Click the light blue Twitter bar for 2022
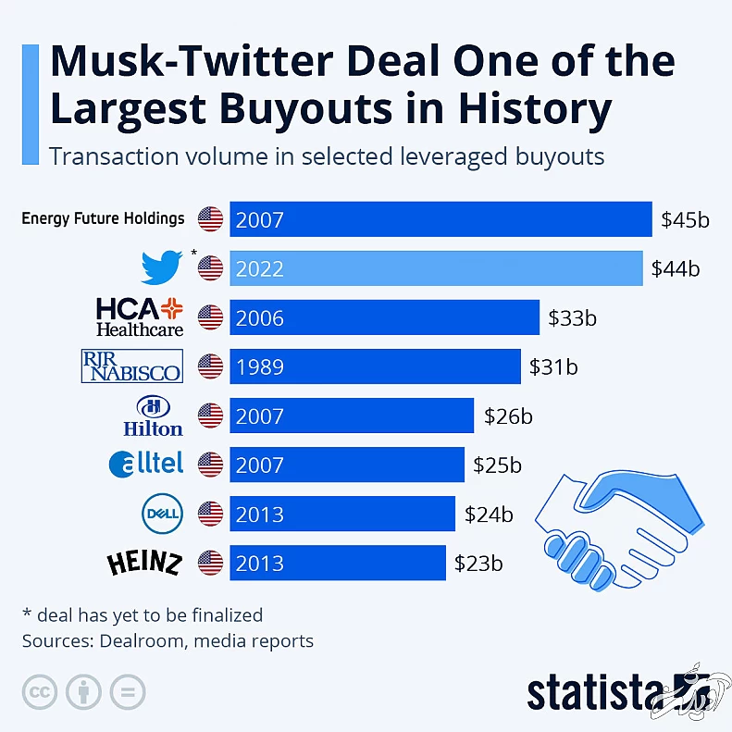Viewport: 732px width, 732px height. coord(435,268)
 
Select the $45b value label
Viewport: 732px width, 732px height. coord(685,220)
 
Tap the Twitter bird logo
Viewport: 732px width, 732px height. coord(162,267)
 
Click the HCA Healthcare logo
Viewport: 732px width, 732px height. coord(140,316)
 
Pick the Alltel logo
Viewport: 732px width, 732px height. coord(146,463)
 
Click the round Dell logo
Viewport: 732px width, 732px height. coord(157,511)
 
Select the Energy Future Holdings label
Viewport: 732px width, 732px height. coord(103,218)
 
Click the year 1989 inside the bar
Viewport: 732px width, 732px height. coord(260,366)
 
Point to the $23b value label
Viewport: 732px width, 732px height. coord(478,562)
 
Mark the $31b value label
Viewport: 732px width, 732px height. coord(553,366)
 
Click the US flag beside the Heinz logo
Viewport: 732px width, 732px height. coord(211,562)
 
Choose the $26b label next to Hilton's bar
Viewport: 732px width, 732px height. coord(508,416)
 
